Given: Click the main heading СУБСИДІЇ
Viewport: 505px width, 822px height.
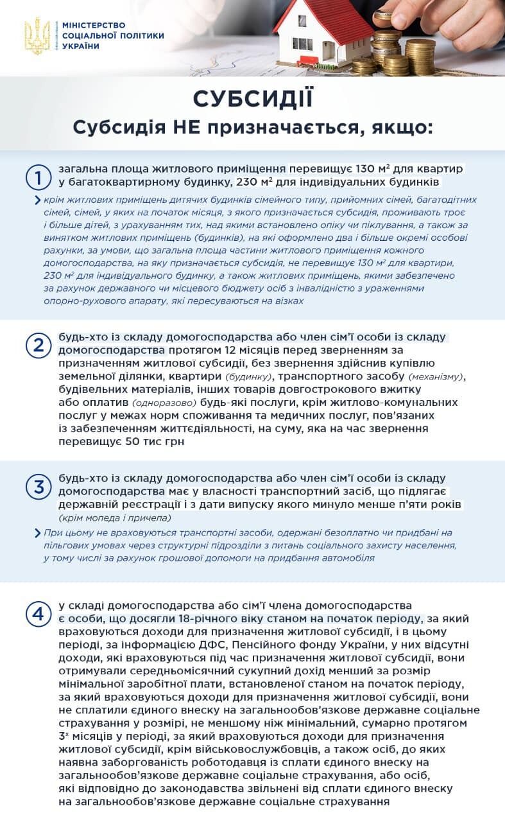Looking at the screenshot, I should [253, 99].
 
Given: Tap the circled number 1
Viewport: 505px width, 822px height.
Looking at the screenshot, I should [38, 177].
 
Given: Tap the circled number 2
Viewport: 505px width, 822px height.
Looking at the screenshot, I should [38, 345].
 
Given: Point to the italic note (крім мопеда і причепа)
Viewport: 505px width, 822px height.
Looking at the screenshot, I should [115, 518].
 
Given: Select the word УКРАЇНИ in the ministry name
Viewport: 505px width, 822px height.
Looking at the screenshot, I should [81, 46].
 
